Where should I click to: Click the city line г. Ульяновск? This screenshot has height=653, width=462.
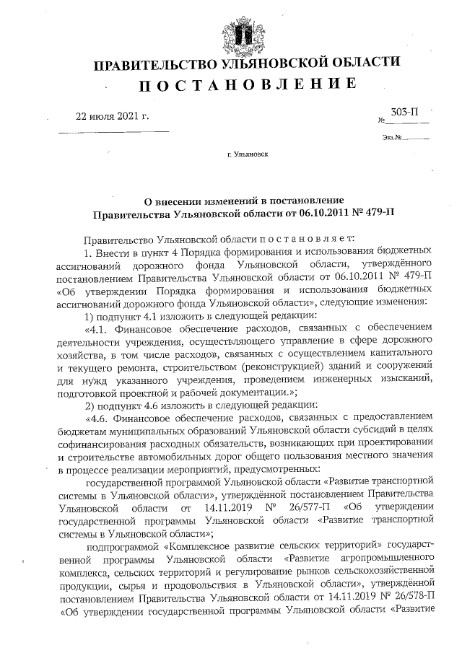pyautogui.click(x=247, y=154)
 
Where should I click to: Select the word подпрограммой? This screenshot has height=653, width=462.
pyautogui.click(x=120, y=546)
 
